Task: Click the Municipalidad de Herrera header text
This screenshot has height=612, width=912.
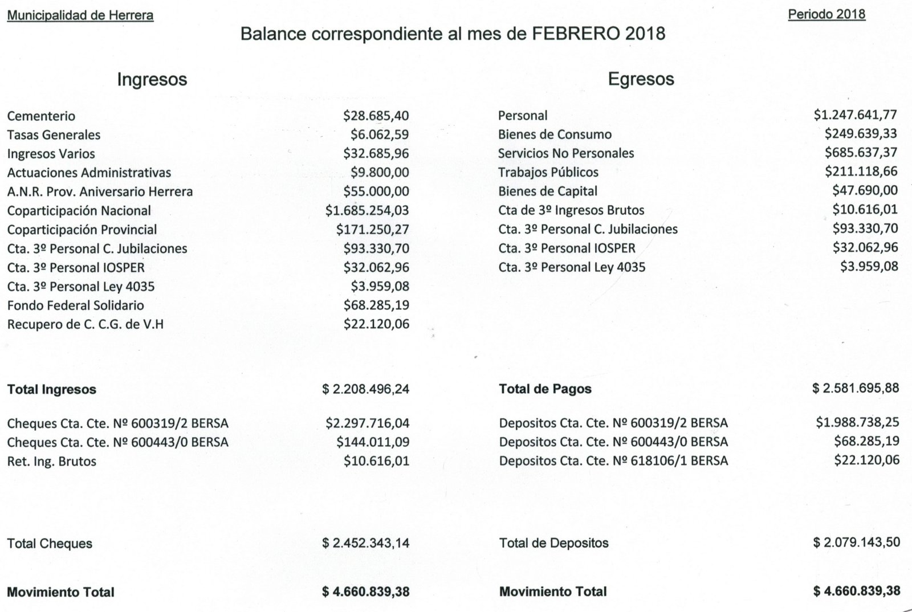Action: click(80, 15)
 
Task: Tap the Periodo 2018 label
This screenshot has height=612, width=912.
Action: click(826, 14)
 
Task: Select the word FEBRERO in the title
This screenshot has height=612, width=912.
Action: click(576, 34)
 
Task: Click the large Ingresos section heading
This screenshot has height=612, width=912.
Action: click(152, 79)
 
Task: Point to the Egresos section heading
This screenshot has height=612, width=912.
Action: click(641, 79)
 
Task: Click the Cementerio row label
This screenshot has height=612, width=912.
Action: click(41, 116)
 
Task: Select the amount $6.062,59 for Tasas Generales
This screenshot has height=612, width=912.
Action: click(380, 135)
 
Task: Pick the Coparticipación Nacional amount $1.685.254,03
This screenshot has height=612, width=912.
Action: click(367, 211)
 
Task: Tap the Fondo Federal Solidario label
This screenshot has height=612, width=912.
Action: click(75, 305)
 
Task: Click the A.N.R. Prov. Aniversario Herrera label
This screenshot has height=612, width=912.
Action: click(100, 191)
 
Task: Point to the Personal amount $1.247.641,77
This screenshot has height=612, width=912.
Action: click(855, 115)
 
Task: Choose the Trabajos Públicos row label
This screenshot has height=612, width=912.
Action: click(548, 172)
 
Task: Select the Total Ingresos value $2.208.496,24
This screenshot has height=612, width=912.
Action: click(365, 390)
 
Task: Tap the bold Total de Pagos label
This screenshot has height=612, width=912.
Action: click(545, 389)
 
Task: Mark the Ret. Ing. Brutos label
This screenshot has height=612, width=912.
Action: click(52, 461)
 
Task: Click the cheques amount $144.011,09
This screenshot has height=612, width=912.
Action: click(373, 442)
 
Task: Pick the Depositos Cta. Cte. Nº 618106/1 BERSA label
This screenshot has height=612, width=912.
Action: click(613, 460)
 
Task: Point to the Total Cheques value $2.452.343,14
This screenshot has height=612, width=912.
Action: click(365, 543)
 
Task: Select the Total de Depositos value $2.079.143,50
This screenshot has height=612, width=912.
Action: click(856, 542)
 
